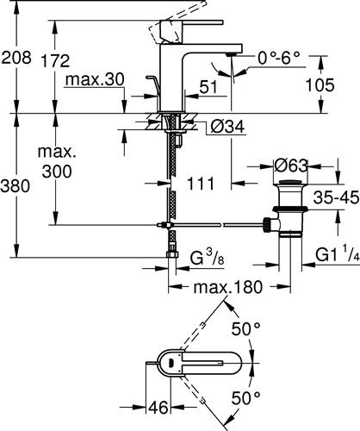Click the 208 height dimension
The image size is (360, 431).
coord(16,58)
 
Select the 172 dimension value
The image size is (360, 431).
coord(55,60)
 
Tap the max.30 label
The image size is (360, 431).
coord(95,79)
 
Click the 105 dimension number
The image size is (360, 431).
coord(320,85)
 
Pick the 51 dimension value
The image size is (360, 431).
coord(208,87)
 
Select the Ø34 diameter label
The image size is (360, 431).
coord(227,127)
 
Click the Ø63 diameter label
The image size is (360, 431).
coord(290,166)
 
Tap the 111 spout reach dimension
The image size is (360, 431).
coord(201,184)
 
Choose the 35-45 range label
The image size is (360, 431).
coord(336,197)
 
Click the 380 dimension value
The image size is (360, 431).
coord(15,186)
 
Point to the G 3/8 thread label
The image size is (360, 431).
coord(207,257)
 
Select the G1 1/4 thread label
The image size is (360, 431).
coord(338,255)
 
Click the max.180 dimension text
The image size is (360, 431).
coord(228,287)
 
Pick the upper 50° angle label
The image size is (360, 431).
coord(246,329)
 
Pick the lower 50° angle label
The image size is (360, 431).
coord(246,398)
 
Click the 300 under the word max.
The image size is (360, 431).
coord(57,172)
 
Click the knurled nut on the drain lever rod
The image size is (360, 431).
coord(266,225)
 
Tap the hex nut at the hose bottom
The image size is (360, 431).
coord(172,254)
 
